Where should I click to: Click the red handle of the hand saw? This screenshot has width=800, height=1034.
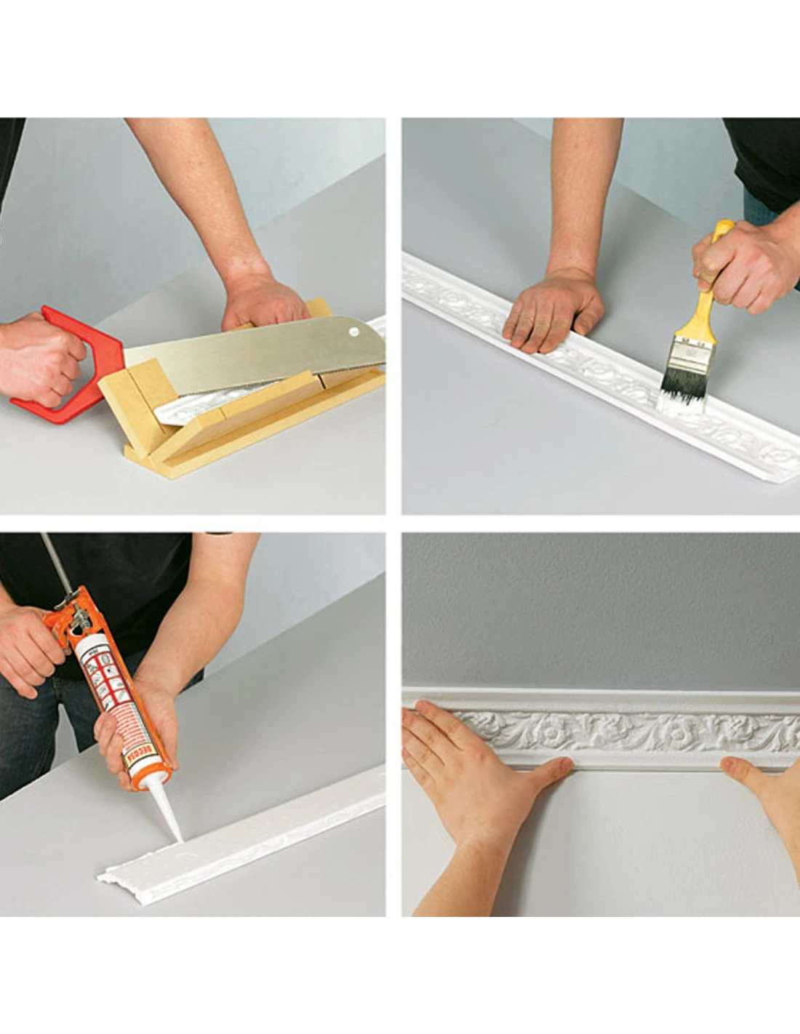102,342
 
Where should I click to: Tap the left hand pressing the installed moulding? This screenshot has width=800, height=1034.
480,771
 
